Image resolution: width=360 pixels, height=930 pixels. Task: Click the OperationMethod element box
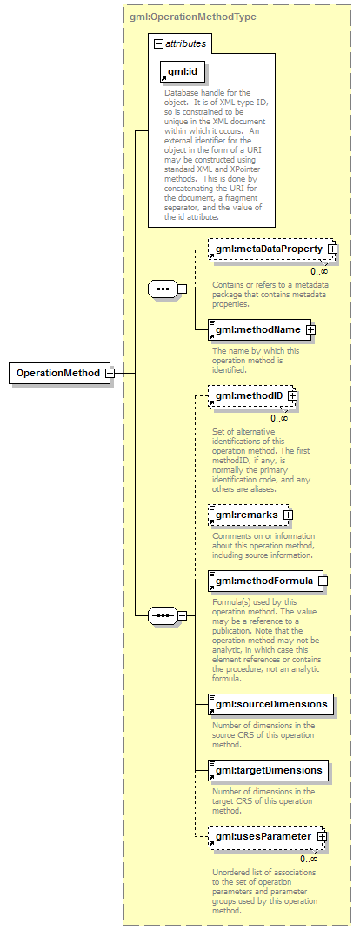pos(59,373)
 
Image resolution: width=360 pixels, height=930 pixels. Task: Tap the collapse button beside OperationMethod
pos(110,373)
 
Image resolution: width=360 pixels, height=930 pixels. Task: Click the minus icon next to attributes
pos(158,43)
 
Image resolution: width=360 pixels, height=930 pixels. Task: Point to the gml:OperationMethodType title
pos(193,17)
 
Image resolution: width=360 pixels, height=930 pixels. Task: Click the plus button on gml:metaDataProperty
pos(332,249)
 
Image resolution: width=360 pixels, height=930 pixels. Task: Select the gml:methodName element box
pos(258,329)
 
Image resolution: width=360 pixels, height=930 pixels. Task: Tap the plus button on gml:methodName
pos(310,329)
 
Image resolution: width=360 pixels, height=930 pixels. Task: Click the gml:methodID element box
pos(251,395)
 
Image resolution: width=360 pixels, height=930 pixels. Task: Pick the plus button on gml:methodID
pos(292,395)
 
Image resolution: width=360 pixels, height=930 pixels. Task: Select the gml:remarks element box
pos(249,515)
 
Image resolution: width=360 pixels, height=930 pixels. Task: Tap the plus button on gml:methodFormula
pos(323,581)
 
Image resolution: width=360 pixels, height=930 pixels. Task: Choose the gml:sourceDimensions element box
pos(270,704)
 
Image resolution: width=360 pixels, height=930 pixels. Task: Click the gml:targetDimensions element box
pos(268,770)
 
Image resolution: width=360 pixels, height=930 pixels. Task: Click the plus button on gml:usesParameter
pos(322,836)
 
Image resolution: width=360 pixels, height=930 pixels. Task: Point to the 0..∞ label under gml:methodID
pos(279,417)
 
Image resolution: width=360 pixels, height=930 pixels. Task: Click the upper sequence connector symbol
pos(162,289)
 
